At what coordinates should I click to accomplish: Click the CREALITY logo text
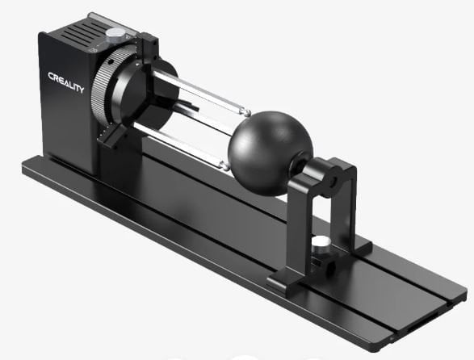(65, 82)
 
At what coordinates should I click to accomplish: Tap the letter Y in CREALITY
(81, 89)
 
